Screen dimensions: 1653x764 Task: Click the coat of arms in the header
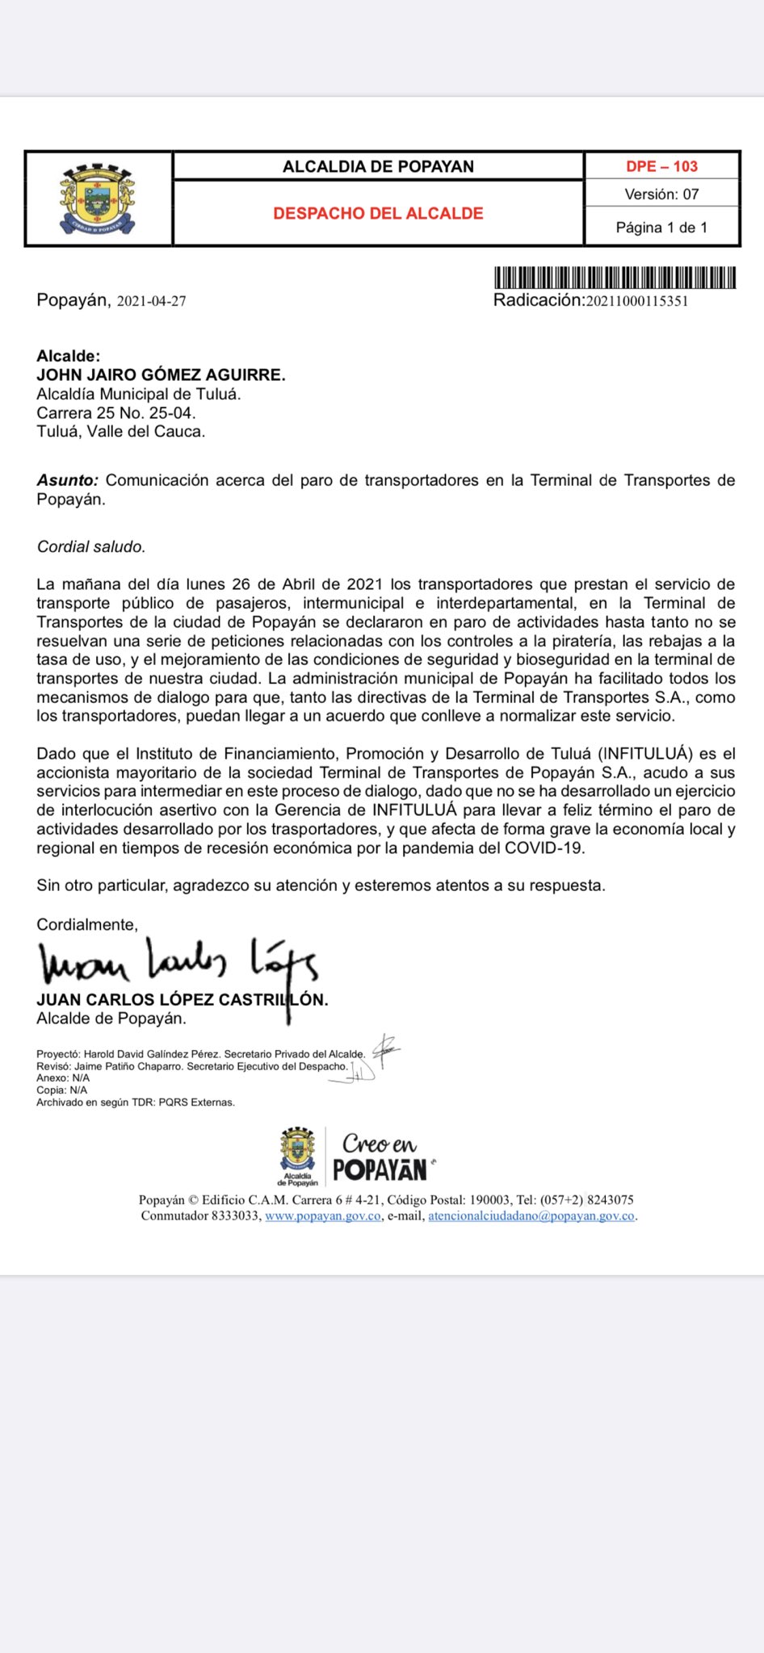point(97,199)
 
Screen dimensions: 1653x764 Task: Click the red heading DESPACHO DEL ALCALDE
point(378,214)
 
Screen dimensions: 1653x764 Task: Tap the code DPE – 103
point(661,166)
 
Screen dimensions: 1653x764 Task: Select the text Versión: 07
point(661,195)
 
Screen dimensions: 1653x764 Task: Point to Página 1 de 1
point(661,228)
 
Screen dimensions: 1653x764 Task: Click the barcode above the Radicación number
point(615,278)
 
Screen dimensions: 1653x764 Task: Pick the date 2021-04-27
point(152,301)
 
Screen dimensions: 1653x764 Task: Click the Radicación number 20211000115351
point(636,301)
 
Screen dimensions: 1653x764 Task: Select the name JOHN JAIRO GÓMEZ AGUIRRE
point(161,375)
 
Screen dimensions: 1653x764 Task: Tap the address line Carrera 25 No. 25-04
point(116,412)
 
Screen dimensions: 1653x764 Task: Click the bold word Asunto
point(67,480)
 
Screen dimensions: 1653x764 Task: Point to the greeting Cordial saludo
point(91,546)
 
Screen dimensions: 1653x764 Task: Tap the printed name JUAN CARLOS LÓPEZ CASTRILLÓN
point(182,999)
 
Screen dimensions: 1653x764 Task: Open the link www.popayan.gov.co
point(323,1216)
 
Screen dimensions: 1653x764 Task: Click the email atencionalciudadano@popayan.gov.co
point(531,1216)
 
